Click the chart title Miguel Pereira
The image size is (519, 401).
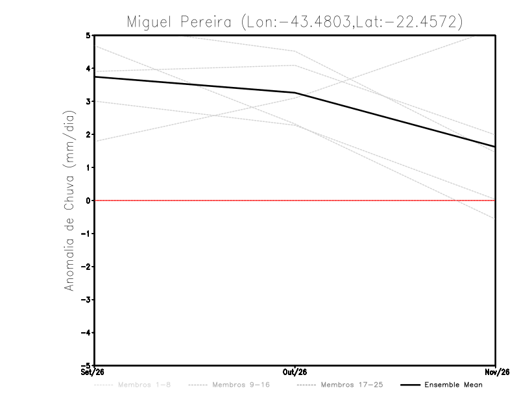click(179, 22)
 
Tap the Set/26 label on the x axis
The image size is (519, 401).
click(92, 372)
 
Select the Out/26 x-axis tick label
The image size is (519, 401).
click(295, 372)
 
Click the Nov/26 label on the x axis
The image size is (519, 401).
click(497, 372)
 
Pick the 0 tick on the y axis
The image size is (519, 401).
click(88, 200)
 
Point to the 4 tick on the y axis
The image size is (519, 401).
click(88, 69)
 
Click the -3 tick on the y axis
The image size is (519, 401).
click(86, 300)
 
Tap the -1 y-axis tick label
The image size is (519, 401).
click(86, 234)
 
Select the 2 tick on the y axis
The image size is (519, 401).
click(88, 134)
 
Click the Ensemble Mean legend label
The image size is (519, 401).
click(453, 385)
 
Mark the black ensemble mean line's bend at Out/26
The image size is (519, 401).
click(295, 93)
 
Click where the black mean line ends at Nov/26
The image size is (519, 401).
click(495, 147)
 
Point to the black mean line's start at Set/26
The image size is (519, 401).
click(95, 77)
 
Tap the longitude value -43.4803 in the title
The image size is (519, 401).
click(315, 22)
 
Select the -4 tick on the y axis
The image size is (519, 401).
click(86, 333)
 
